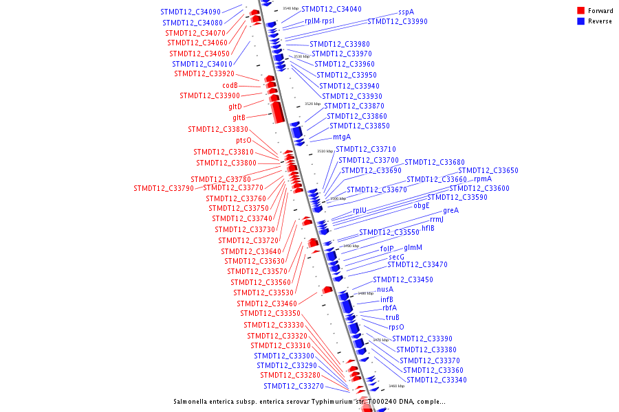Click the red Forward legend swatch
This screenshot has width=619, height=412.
[581, 11]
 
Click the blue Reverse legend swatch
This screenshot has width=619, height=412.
[581, 21]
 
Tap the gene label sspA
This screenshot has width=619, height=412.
[406, 12]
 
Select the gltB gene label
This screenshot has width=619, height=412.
[239, 117]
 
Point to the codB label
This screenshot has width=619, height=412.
[230, 85]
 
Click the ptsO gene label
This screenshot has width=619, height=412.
[243, 140]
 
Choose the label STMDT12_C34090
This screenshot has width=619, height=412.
[191, 12]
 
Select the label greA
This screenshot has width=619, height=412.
[450, 210]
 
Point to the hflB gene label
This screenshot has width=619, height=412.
[437, 228]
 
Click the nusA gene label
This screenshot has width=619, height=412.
[384, 289]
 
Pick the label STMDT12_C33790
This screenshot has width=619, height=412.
[164, 187]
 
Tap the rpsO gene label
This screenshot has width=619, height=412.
[396, 327]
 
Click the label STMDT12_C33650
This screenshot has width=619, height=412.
[488, 170]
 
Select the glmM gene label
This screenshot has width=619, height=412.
[413, 247]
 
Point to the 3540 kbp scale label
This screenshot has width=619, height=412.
[290, 8]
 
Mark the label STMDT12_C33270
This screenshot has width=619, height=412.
[294, 386]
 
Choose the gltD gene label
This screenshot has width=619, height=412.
[235, 106]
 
